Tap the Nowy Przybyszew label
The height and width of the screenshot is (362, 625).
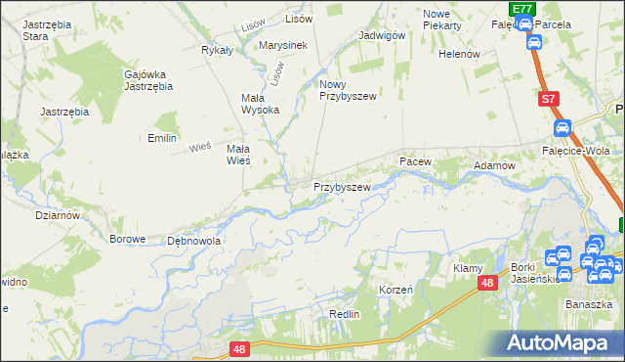(347, 91)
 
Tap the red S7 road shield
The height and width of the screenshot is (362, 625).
(549, 99)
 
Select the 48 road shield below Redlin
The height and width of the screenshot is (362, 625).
(239, 347)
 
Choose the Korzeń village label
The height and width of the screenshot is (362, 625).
(396, 291)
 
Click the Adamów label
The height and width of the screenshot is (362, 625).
(494, 166)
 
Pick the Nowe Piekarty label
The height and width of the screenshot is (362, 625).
(442, 19)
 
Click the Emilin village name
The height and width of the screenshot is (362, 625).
(161, 139)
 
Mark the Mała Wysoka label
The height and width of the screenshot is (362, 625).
(261, 104)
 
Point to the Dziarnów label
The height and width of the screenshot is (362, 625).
(57, 215)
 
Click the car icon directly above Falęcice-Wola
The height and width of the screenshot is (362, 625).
(562, 128)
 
